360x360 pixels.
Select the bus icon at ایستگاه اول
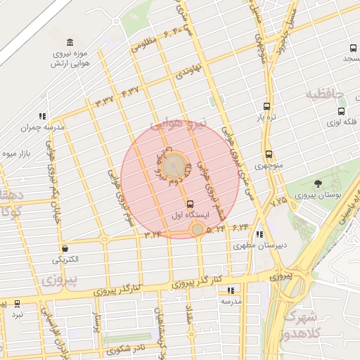tap(189, 202)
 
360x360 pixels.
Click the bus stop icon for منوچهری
tap(269, 155)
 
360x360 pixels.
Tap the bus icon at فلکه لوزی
tap(342, 111)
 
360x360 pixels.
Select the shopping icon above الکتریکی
tap(65, 248)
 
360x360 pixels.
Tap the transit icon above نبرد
tap(17, 304)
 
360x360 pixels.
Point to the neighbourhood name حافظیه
tap(323, 94)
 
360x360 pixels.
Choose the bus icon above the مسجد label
tap(353, 49)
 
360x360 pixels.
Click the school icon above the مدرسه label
tap(231, 290)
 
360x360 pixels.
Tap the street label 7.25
tap(279, 201)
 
